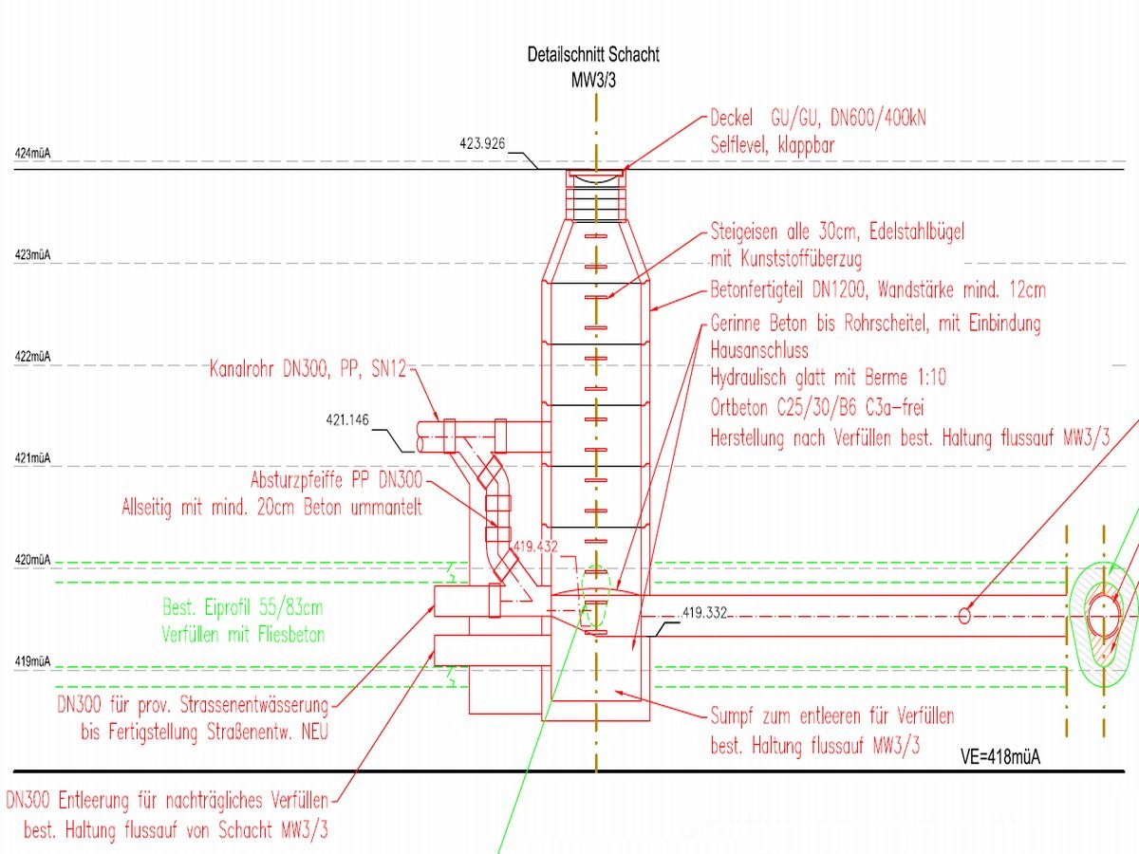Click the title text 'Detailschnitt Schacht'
[x=593, y=55]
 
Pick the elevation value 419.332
[x=704, y=614]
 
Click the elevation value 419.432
[x=535, y=548]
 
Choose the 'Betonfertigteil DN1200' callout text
[x=878, y=289]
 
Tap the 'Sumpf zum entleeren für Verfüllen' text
[x=832, y=715]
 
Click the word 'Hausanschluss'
[x=759, y=351]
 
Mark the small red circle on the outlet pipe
[x=964, y=615]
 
